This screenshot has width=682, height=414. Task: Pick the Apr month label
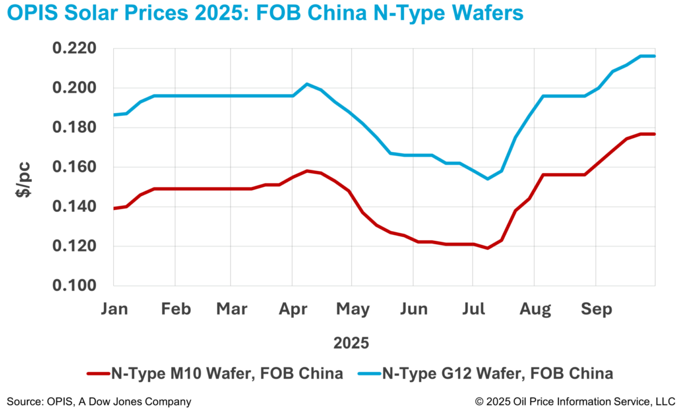point(293,310)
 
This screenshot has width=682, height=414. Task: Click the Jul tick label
point(473,310)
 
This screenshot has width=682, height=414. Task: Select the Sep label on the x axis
point(597,310)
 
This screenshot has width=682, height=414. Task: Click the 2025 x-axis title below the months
point(351,343)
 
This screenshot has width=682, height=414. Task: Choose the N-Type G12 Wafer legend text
point(498,373)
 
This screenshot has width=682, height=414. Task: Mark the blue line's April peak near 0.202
point(307,84)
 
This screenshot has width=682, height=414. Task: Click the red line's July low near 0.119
point(488,248)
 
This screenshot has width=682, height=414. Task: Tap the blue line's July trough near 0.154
point(488,179)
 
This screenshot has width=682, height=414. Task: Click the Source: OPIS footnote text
point(99,402)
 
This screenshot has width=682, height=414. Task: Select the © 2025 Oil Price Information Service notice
point(575,402)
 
